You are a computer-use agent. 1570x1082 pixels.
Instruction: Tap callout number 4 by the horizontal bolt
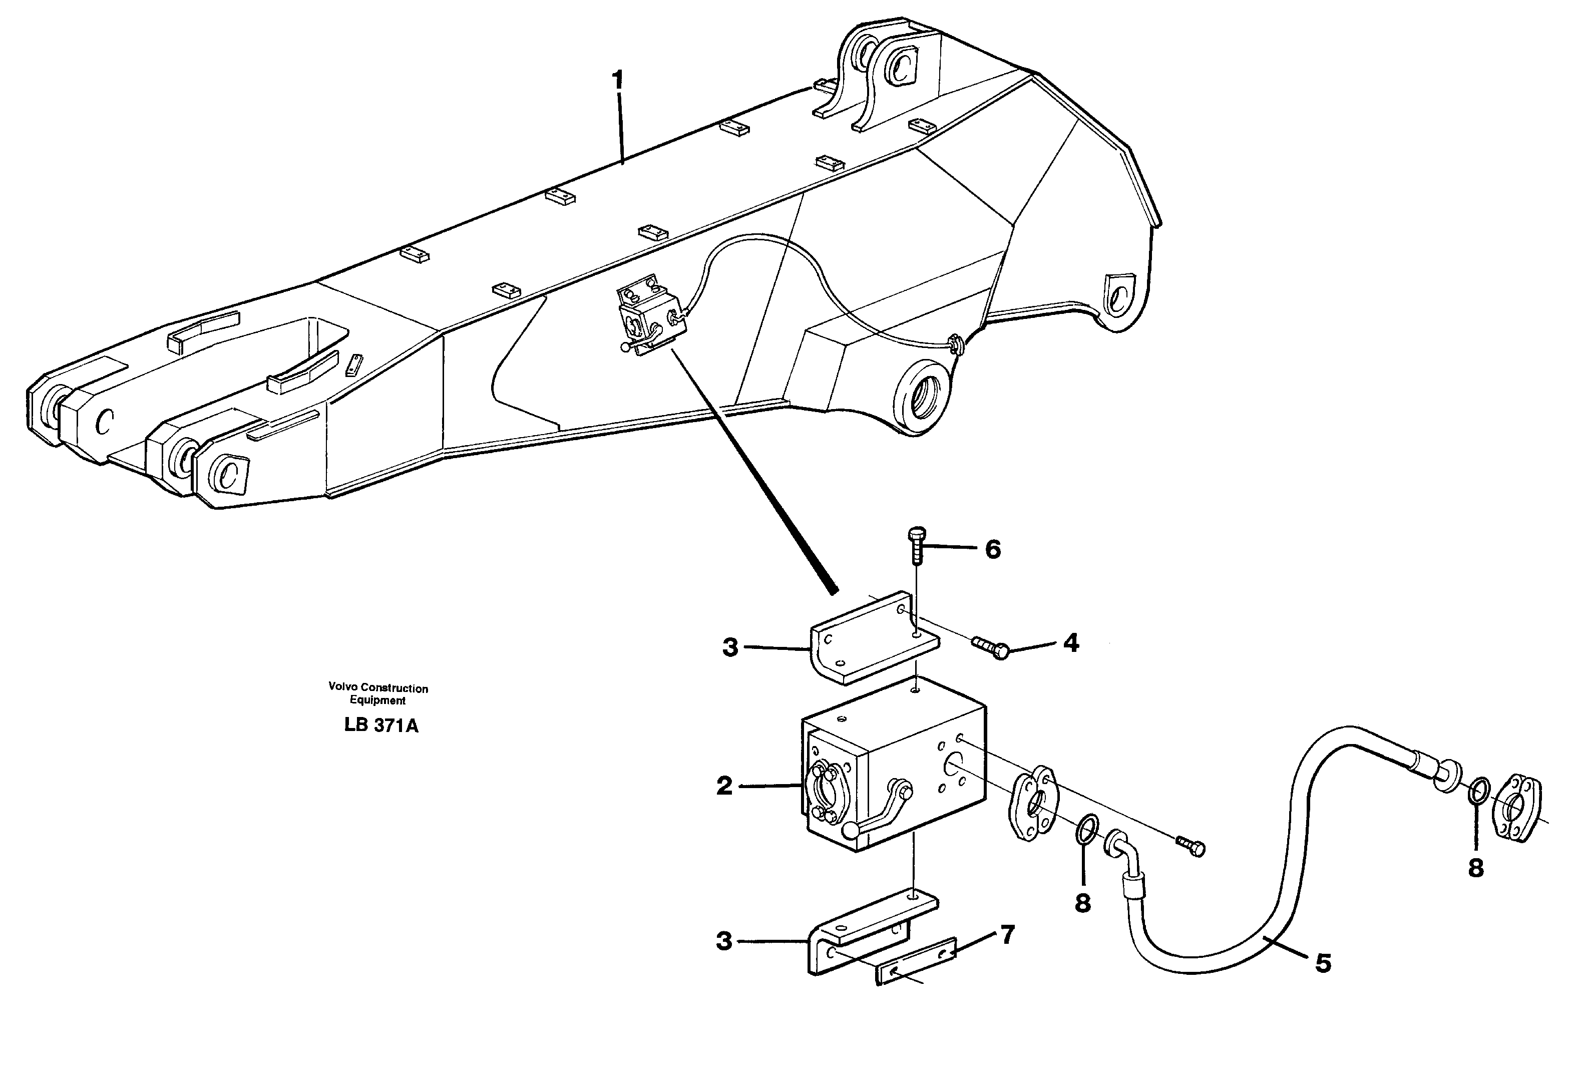pyautogui.click(x=1071, y=643)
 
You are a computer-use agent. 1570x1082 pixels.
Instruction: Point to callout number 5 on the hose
pyautogui.click(x=1323, y=963)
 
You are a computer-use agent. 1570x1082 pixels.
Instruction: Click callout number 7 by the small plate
pyautogui.click(x=1008, y=936)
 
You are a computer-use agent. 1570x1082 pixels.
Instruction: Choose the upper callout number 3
pyautogui.click(x=729, y=647)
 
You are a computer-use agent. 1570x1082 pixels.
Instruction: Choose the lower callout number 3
pyautogui.click(x=724, y=942)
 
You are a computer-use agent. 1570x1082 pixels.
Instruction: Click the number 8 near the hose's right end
pyautogui.click(x=1476, y=868)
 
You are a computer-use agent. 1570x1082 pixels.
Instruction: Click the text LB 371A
pyautogui.click(x=381, y=726)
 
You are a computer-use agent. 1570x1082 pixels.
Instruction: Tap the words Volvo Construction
pyautogui.click(x=378, y=687)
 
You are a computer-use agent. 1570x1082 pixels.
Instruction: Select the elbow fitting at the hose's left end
pyautogui.click(x=1124, y=854)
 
